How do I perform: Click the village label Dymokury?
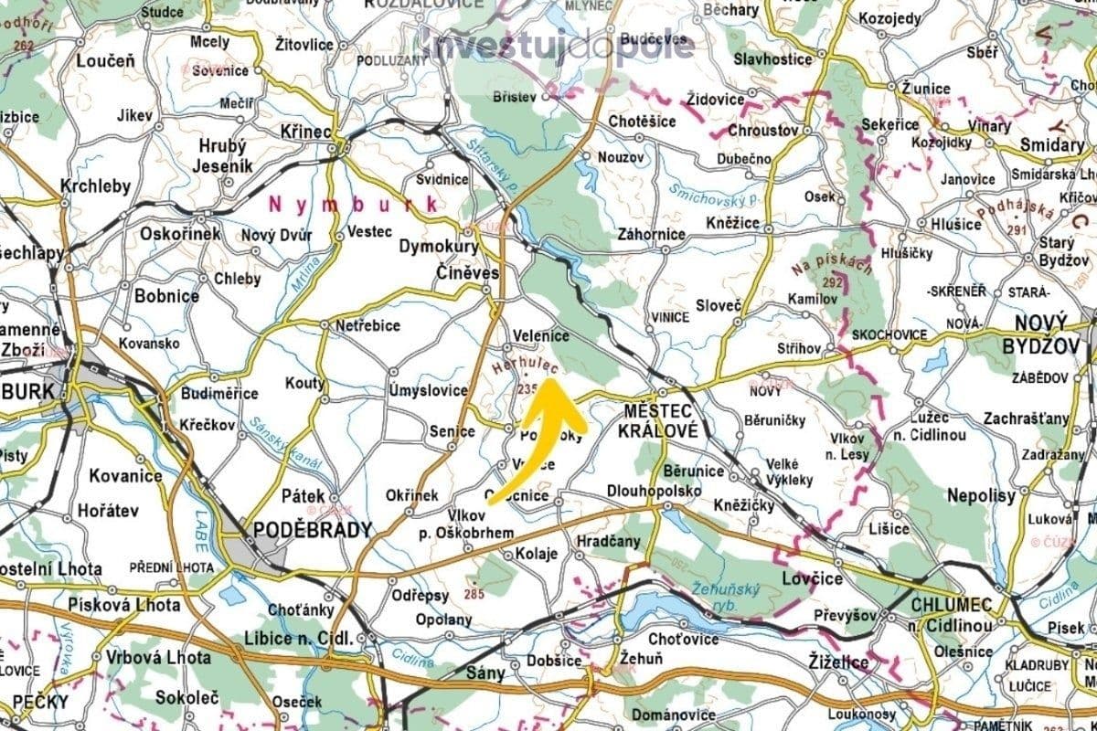tap(438, 247)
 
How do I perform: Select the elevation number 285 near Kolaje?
tap(474, 595)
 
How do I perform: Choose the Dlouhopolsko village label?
tap(654, 492)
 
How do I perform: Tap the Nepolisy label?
tap(983, 496)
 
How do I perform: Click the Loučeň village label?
tap(105, 61)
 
